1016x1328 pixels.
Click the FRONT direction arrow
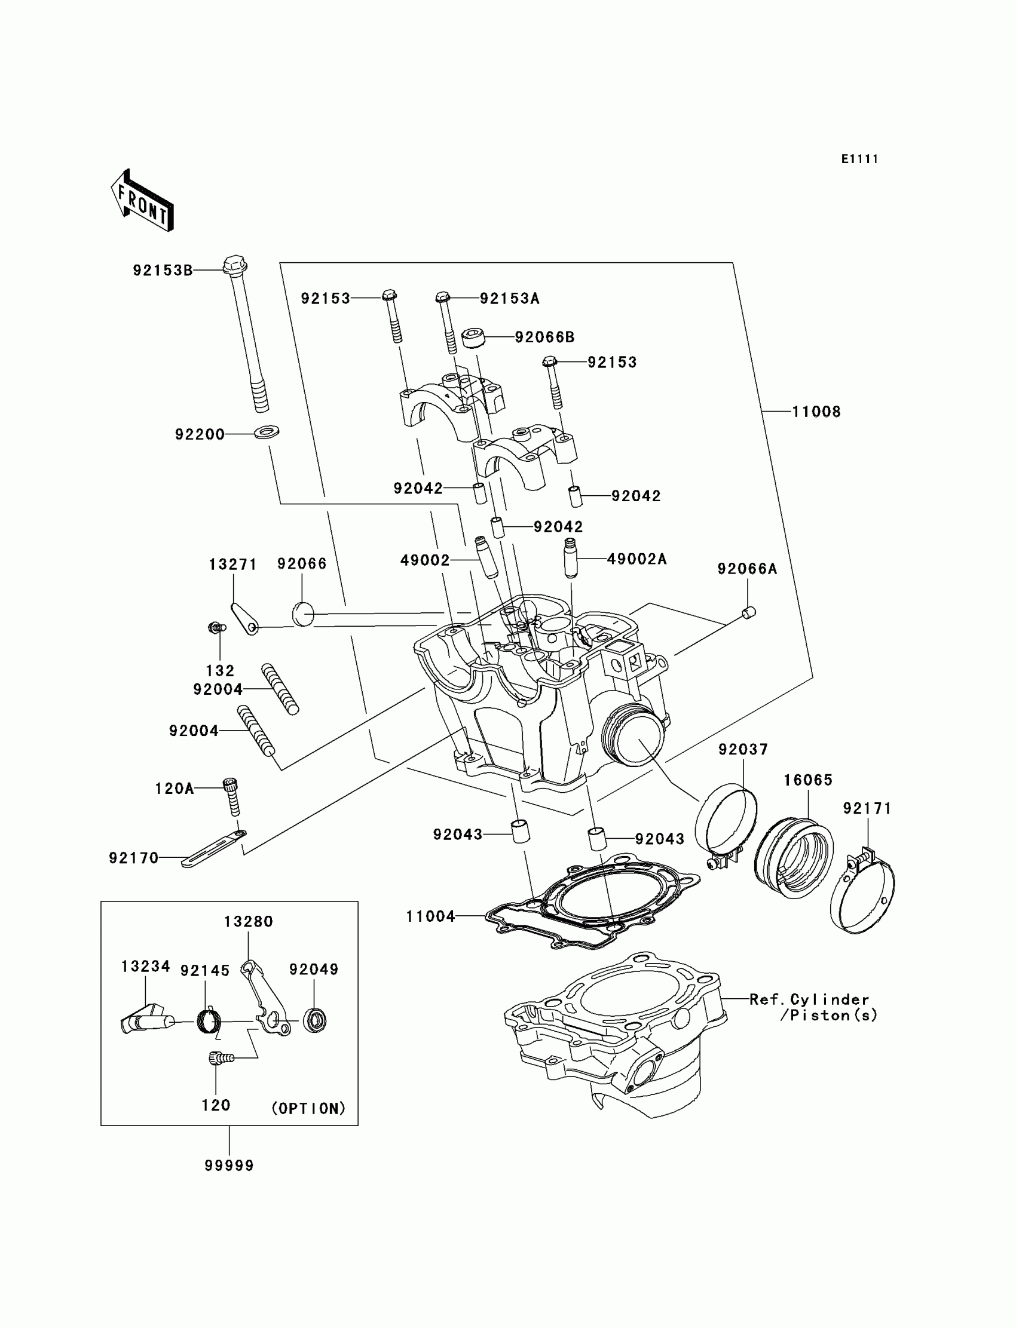143,201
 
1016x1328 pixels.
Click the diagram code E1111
859,159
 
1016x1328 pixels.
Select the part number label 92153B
163,270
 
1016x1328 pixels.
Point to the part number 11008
816,412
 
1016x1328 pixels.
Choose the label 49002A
637,559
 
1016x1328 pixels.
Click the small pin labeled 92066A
749,613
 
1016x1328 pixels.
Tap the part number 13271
233,565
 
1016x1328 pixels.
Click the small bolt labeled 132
216,628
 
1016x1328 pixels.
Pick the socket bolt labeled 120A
232,796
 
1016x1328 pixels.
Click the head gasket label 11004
430,916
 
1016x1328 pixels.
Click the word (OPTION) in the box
308,1108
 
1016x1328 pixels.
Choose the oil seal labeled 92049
314,1020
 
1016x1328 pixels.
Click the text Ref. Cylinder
809,999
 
